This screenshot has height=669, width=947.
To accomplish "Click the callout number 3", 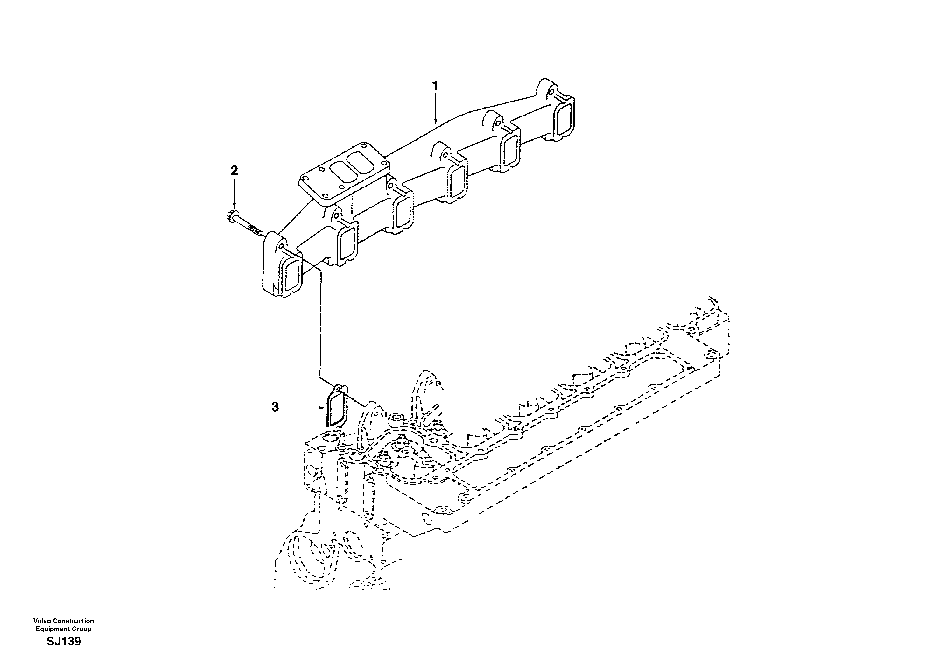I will click(x=275, y=407).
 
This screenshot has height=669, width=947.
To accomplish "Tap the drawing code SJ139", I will click(x=64, y=642).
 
